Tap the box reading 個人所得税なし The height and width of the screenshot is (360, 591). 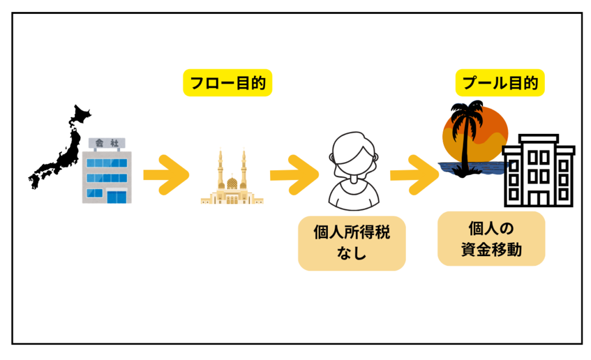(351, 243)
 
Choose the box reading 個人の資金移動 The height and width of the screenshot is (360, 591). (491, 238)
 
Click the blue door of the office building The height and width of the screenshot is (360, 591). (118, 196)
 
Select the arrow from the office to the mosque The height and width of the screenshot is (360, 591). (166, 173)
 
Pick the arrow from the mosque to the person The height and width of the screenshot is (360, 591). (294, 173)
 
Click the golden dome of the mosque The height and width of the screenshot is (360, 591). (231, 183)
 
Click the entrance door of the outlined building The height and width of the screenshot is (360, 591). (539, 197)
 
